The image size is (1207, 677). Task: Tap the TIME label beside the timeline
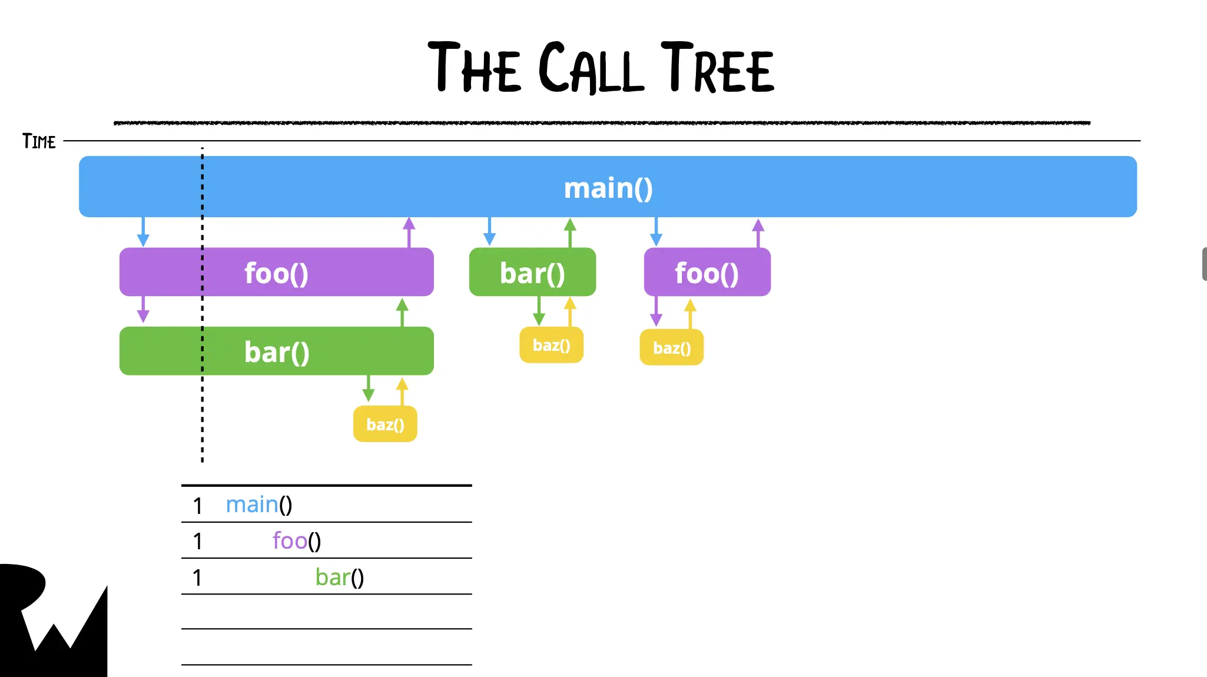click(39, 141)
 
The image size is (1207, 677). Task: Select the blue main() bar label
click(608, 188)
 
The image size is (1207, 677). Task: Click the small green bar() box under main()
click(532, 273)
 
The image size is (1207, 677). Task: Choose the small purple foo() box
click(707, 273)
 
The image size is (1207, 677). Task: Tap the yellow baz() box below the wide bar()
click(385, 424)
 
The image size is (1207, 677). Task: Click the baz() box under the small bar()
click(551, 345)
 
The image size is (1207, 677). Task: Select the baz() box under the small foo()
click(671, 348)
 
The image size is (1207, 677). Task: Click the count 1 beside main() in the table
click(198, 506)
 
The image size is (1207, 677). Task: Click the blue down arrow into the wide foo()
click(143, 232)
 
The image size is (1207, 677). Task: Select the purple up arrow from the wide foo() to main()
click(409, 232)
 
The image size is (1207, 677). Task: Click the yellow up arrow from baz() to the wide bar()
click(402, 391)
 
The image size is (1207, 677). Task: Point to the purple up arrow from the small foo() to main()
click(758, 233)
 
